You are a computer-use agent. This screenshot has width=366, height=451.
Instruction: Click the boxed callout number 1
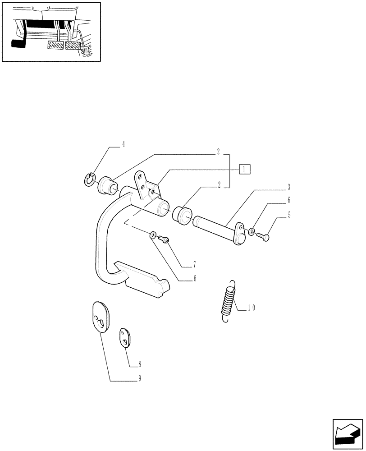point(244,170)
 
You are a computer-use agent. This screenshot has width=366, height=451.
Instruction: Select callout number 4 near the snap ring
point(123,145)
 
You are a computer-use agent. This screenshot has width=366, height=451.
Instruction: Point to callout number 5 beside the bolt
point(289,215)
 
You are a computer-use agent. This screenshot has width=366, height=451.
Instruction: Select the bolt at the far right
point(263,235)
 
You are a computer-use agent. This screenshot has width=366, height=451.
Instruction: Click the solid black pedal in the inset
point(18,44)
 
